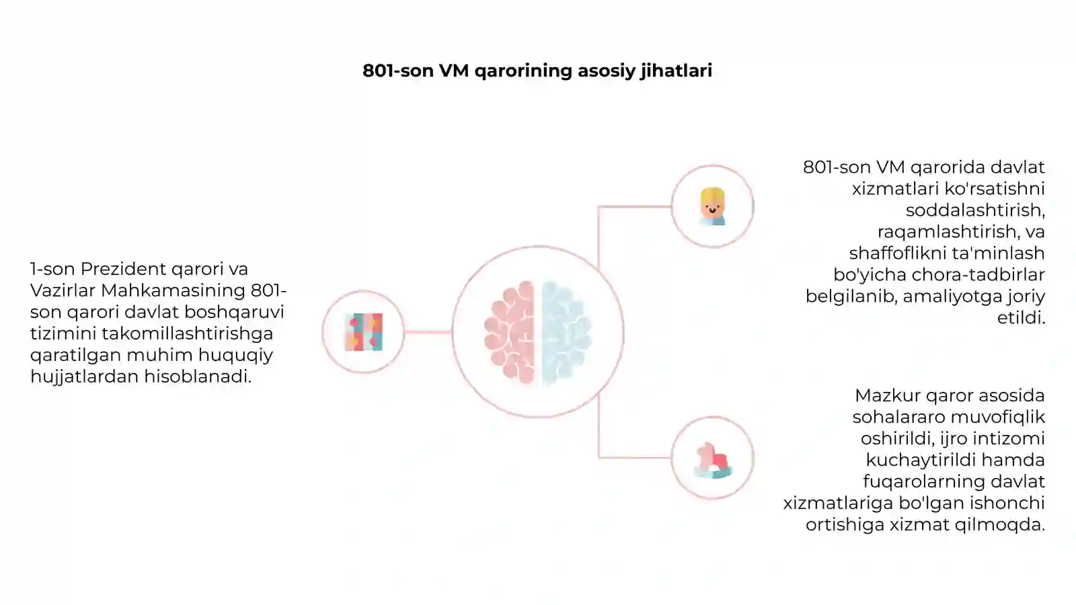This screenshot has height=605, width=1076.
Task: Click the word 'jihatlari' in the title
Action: (x=676, y=71)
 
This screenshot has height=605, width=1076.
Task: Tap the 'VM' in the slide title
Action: (x=454, y=71)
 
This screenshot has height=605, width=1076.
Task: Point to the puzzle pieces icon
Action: (x=364, y=332)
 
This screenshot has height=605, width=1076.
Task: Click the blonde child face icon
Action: (x=712, y=206)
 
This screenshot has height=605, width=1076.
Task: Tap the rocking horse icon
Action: (x=713, y=460)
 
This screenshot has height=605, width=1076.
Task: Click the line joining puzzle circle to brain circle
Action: (x=428, y=332)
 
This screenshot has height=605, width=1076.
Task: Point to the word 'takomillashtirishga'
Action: (x=188, y=333)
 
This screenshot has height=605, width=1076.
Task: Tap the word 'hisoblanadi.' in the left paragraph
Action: (x=198, y=376)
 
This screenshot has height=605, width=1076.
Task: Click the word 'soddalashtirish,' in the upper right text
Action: (x=976, y=210)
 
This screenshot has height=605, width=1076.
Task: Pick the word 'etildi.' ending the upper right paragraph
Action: (x=1022, y=318)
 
